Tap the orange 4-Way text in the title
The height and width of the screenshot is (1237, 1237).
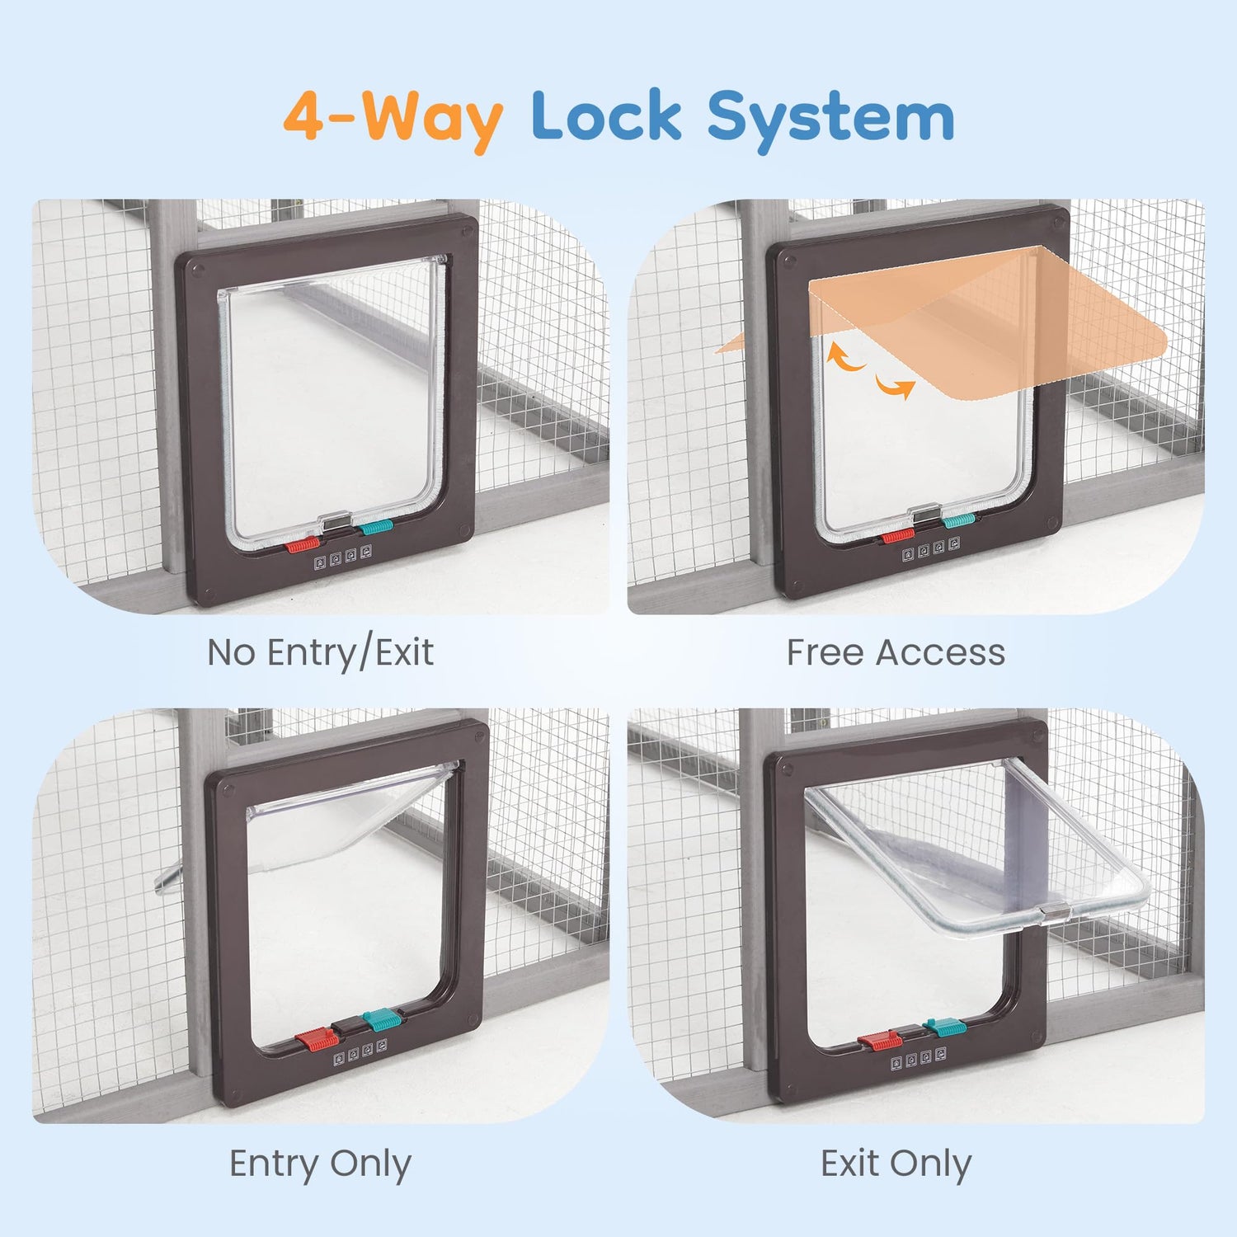[x=393, y=118]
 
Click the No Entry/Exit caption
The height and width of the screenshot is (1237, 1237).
[x=320, y=652]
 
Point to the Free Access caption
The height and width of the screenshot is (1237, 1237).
[x=896, y=652]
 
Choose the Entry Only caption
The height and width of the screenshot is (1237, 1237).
[x=320, y=1164]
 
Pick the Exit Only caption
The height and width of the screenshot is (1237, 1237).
[x=896, y=1164]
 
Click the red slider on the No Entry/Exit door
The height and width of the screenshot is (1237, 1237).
[x=302, y=545]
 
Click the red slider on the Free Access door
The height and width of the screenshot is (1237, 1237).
[x=898, y=537]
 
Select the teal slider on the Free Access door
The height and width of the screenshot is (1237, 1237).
[x=959, y=520]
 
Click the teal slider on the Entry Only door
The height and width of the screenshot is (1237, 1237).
[x=380, y=1020]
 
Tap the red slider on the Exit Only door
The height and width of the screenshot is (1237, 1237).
[x=876, y=1042]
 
